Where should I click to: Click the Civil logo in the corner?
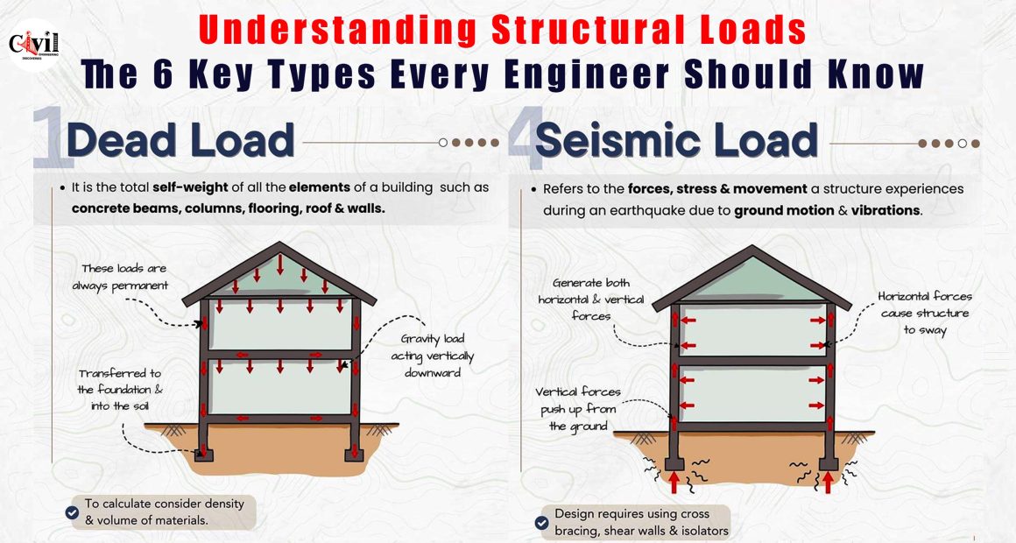coord(34,44)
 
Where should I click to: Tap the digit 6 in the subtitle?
coord(163,74)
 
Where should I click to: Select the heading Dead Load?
coord(180,140)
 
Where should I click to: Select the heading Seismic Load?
coord(676,141)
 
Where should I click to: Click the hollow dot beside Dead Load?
coord(443,143)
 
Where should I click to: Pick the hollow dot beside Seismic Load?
coord(963,144)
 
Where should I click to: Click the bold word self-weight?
coord(190,187)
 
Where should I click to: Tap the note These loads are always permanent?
coord(121,277)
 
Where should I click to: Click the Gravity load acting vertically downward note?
coord(432,355)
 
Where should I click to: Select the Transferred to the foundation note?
coord(120,390)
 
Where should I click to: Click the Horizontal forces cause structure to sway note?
coord(925,313)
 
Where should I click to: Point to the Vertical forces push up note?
coord(578,409)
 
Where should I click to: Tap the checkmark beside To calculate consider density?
coord(73,512)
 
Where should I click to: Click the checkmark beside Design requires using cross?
coord(541,523)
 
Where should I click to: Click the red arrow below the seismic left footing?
coord(674,482)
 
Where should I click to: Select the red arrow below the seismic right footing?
coord(828,482)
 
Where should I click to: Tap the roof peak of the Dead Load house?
coord(279,244)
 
